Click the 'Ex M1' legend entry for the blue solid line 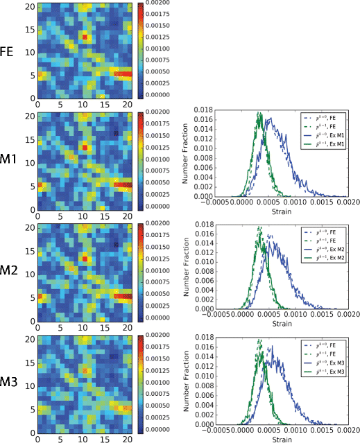329,135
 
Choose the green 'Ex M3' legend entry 329,371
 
